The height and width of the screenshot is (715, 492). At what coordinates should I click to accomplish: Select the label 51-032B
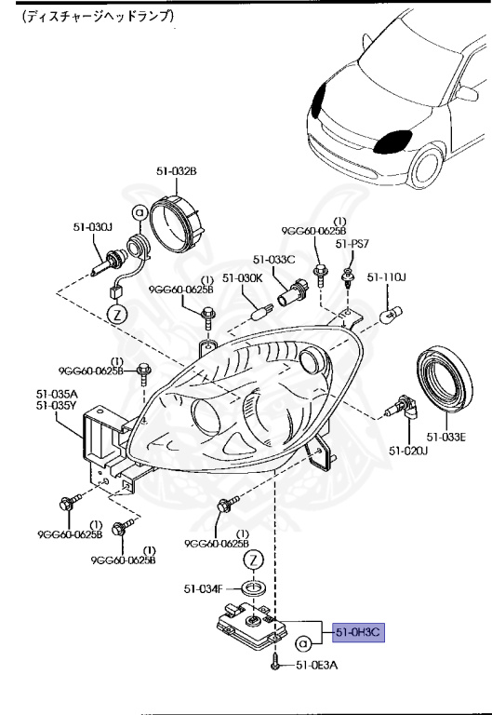[x=176, y=171]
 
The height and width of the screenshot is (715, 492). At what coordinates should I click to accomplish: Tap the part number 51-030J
[x=93, y=226]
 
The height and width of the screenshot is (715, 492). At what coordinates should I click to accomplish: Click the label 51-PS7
[x=352, y=244]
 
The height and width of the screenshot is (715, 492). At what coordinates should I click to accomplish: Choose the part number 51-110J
[x=388, y=277]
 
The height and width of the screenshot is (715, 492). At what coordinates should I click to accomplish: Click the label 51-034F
[x=203, y=588]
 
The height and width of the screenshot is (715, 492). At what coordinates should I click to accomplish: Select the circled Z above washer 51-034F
[x=253, y=560]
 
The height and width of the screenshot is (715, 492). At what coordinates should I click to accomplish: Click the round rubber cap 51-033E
[x=451, y=383]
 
